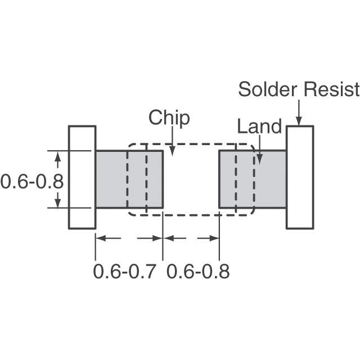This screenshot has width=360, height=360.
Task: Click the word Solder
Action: click(x=268, y=89)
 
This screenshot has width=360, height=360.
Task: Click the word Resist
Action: click(x=331, y=89)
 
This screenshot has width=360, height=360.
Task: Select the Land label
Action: click(x=259, y=126)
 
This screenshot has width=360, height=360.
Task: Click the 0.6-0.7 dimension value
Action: click(x=125, y=272)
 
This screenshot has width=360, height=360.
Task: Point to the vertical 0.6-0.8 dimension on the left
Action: click(x=31, y=182)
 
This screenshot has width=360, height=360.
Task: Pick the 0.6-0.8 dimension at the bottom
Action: click(x=198, y=272)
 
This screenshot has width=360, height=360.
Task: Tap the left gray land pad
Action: click(x=129, y=179)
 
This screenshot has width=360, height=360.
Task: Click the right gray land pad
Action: click(x=253, y=179)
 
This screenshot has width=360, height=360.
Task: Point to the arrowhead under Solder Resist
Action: click(x=299, y=121)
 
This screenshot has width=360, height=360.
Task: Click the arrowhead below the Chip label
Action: click(x=172, y=152)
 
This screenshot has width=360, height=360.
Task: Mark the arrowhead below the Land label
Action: click(x=259, y=159)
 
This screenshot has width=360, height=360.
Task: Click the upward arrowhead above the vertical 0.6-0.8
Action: click(x=57, y=156)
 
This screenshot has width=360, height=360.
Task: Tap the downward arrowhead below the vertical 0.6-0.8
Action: click(x=57, y=203)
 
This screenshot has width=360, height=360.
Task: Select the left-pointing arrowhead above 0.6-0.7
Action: click(x=101, y=238)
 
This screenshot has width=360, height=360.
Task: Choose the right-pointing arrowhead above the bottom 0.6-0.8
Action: click(x=214, y=238)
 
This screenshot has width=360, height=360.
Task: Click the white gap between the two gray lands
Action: click(x=191, y=179)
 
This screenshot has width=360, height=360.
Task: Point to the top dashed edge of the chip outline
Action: click(x=191, y=144)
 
